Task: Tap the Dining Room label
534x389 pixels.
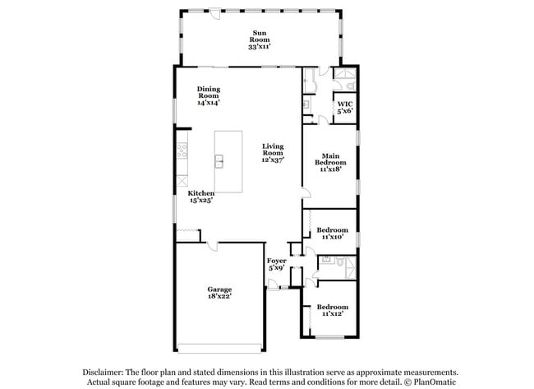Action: [209, 91]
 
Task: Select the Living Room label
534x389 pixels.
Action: [273, 149]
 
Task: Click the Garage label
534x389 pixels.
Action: [219, 289]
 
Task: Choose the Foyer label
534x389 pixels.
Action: [276, 260]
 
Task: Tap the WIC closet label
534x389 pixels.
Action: [346, 104]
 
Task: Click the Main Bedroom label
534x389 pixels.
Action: [330, 155]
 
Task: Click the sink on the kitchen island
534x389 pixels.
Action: [220, 161]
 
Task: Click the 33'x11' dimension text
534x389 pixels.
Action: [260, 47]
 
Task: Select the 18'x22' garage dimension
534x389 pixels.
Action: [219, 296]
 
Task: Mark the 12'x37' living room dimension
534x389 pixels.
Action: [273, 160]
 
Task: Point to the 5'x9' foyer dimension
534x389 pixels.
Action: [276, 267]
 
